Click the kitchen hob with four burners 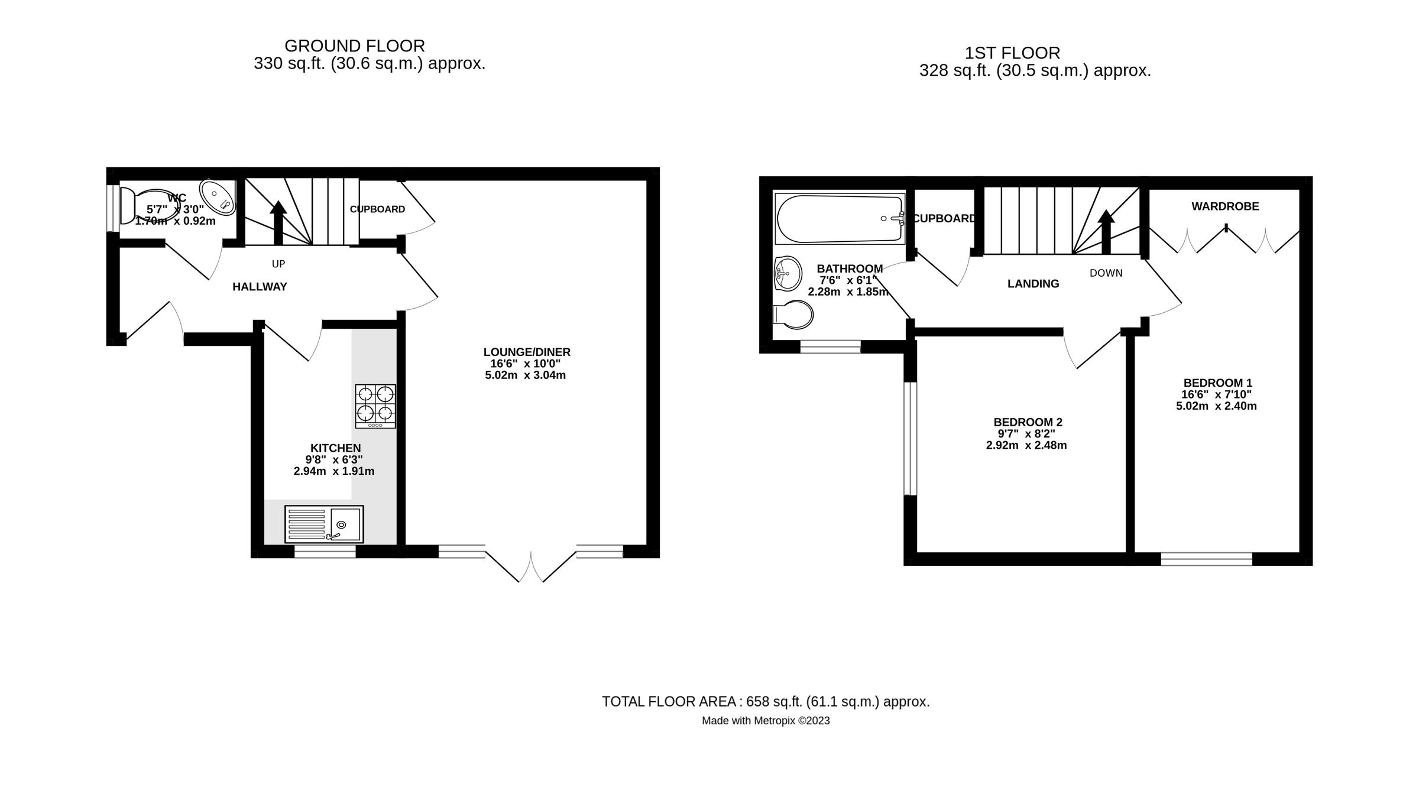click(x=375, y=406)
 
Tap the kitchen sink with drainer click(x=324, y=524)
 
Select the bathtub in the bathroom click(x=840, y=218)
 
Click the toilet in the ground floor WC click(x=145, y=206)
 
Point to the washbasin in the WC click(x=217, y=197)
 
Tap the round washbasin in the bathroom click(x=787, y=274)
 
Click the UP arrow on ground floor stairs click(x=278, y=222)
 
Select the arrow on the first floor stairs click(x=1106, y=231)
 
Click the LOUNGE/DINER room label click(x=526, y=352)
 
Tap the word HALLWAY click(x=260, y=287)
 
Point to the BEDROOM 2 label click(x=1028, y=422)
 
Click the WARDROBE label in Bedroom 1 click(x=1225, y=206)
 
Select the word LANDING click(x=1033, y=284)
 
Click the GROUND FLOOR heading click(x=354, y=46)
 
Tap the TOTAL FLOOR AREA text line click(x=766, y=701)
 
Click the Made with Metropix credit click(x=766, y=721)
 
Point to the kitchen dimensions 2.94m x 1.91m click(x=333, y=471)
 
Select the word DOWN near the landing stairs click(x=1106, y=273)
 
